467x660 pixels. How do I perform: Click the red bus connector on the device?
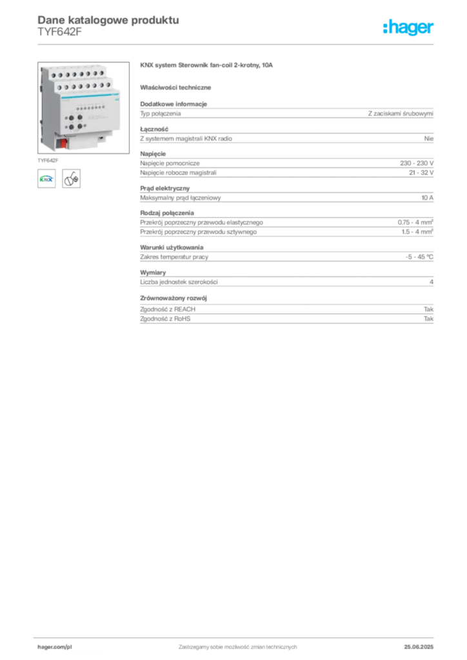(63, 142)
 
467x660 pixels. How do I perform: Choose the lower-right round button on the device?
(79, 126)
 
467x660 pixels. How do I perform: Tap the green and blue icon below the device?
(46, 179)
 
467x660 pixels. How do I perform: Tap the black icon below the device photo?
(72, 179)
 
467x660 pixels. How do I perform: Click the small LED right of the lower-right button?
(84, 126)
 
